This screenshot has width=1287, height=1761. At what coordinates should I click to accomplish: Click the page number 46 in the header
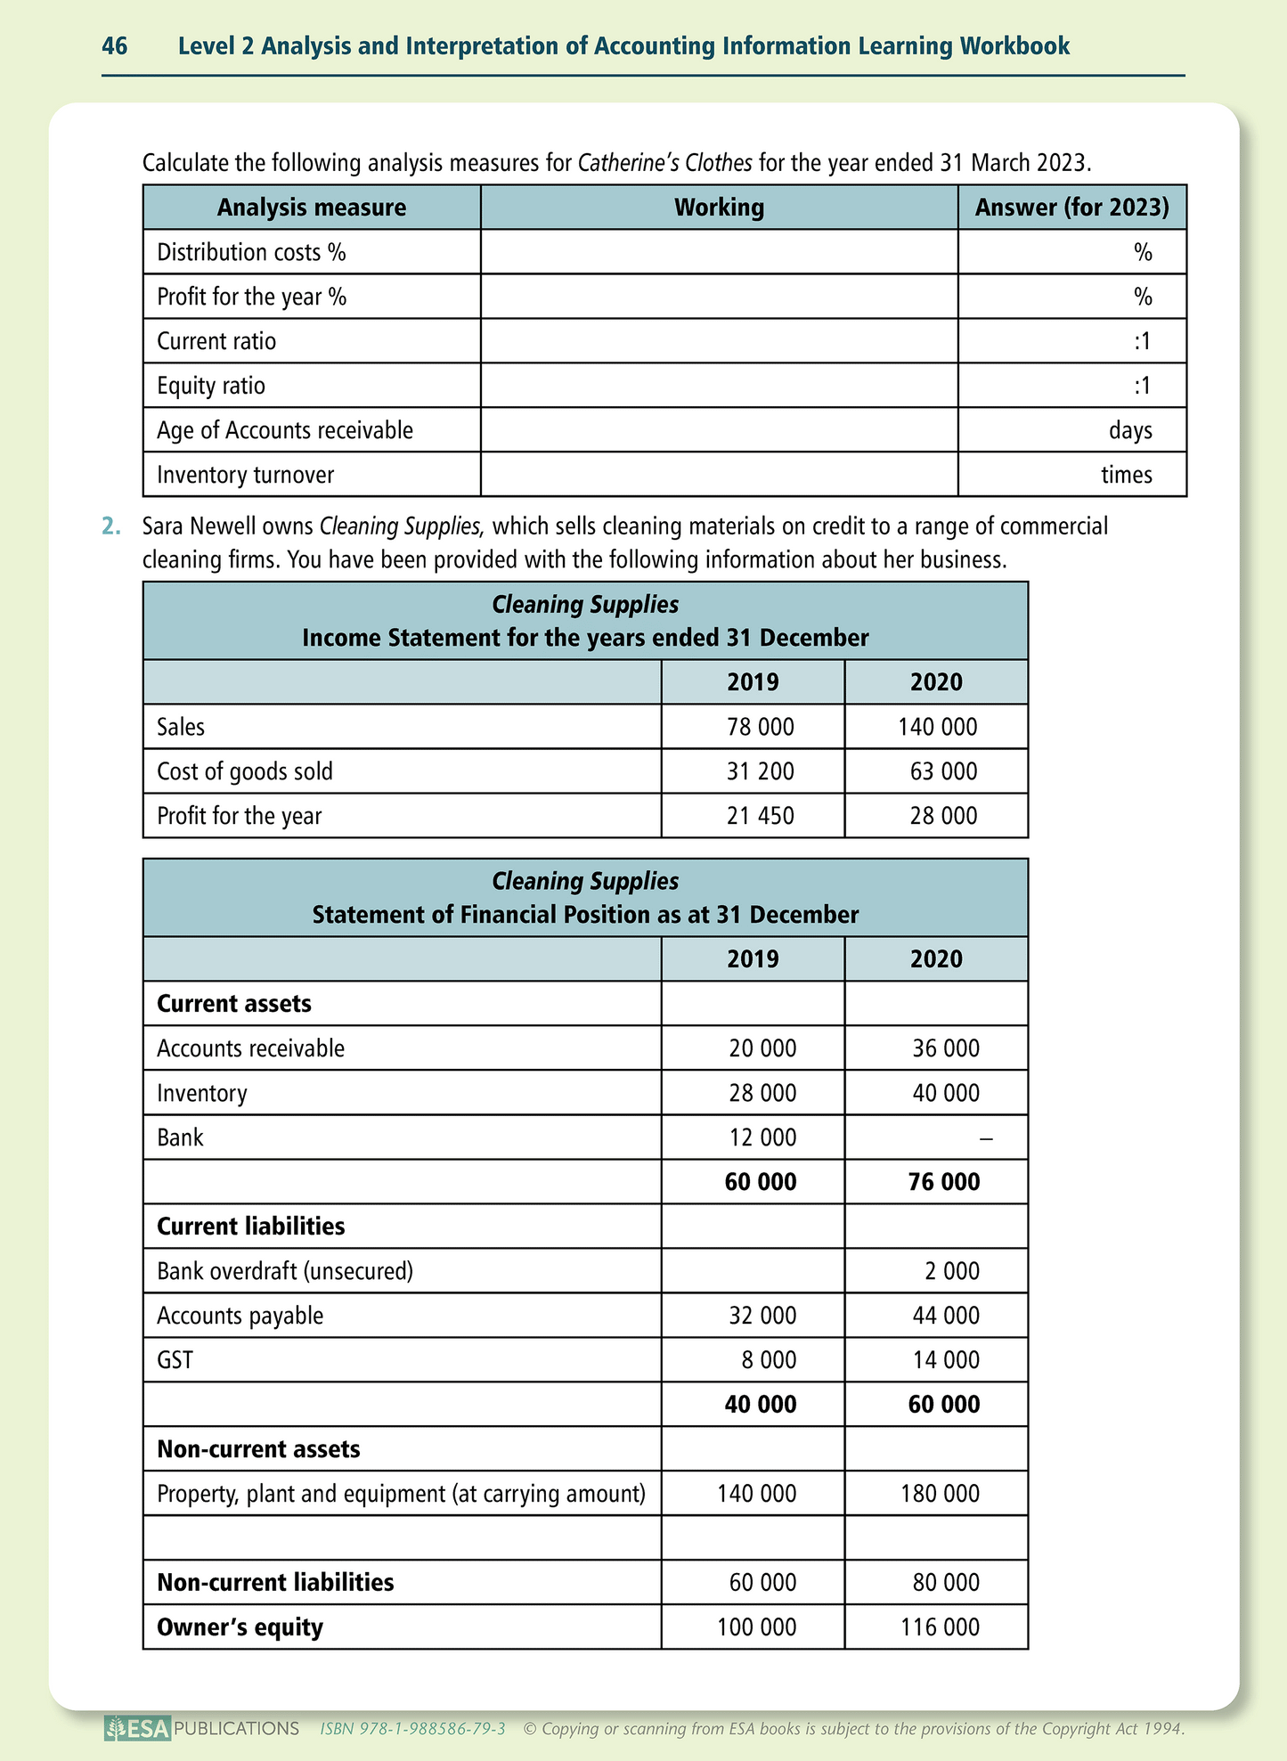click(x=115, y=46)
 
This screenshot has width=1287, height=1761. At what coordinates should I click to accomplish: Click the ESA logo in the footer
click(x=137, y=1729)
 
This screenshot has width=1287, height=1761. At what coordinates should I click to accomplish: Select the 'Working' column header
click(x=719, y=208)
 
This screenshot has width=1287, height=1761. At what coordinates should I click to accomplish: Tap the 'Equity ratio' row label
click(x=211, y=386)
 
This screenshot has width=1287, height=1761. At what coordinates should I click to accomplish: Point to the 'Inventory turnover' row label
click(x=245, y=475)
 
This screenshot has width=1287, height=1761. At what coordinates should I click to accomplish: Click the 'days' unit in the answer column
click(x=1130, y=430)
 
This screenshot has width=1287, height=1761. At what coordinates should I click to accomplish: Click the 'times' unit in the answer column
click(x=1126, y=475)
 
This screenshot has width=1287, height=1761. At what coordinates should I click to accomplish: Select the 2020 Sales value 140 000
click(x=937, y=727)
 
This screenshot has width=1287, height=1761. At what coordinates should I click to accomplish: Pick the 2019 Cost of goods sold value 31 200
click(x=760, y=771)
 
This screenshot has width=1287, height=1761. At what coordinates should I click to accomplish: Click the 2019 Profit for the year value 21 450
click(x=760, y=816)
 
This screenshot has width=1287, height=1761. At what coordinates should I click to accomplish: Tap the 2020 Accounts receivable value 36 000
click(x=945, y=1048)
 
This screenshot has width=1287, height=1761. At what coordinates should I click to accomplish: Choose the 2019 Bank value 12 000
click(x=762, y=1137)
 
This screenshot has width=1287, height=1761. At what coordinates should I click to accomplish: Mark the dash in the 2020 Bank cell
click(x=986, y=1137)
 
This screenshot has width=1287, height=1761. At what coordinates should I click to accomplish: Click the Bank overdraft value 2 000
click(x=951, y=1271)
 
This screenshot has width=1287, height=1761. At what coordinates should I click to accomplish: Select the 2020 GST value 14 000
click(x=945, y=1360)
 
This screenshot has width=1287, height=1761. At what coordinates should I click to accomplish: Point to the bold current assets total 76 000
click(x=944, y=1182)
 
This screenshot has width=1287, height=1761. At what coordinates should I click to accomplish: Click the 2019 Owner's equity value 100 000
click(x=756, y=1627)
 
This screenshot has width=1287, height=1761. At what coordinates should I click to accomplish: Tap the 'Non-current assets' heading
click(x=258, y=1449)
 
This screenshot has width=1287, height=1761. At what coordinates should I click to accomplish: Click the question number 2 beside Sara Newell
click(x=110, y=526)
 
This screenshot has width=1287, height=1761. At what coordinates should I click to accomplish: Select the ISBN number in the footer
click(x=413, y=1729)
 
